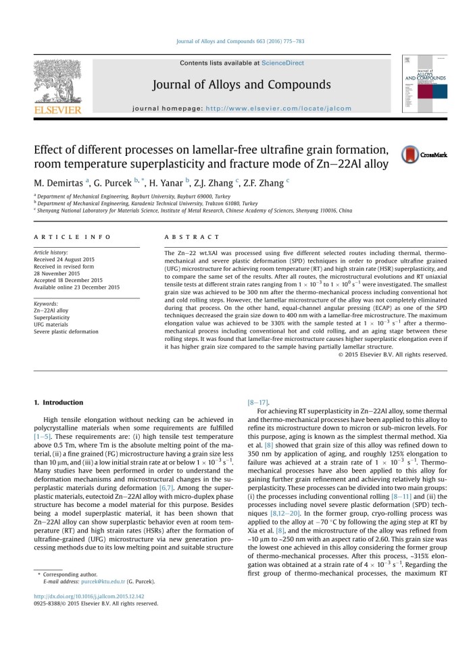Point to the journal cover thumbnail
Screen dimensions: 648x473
(424, 84)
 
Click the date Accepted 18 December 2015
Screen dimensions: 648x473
(73, 280)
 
